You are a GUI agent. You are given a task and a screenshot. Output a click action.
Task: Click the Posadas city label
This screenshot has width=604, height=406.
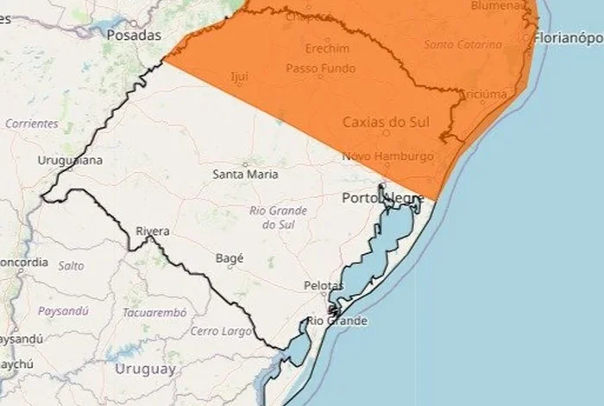pyautogui.click(x=134, y=35)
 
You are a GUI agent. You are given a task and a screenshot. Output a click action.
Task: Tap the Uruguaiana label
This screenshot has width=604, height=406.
pyautogui.click(x=71, y=161)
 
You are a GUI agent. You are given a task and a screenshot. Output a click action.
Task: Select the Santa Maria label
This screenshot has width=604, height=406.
pyautogui.click(x=245, y=174)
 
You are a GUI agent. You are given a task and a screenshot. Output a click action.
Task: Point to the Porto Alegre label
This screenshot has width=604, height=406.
pyautogui.click(x=382, y=199)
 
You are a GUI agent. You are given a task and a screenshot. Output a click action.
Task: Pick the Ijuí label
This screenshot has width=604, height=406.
pyautogui.click(x=240, y=77)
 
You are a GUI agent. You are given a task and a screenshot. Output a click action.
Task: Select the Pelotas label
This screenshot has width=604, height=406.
pyautogui.click(x=324, y=286)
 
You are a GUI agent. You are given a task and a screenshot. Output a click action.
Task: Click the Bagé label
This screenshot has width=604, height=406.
pyautogui.click(x=230, y=257)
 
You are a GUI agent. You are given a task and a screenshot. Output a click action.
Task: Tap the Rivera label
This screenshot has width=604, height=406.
pyautogui.click(x=153, y=232)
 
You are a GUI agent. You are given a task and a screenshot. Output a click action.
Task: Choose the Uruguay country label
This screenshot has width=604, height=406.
pyautogui.click(x=145, y=369)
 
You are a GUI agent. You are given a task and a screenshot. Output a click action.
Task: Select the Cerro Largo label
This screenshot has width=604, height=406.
pyautogui.click(x=221, y=331)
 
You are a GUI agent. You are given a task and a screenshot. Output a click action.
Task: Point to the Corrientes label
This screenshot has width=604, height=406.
pyautogui.click(x=32, y=124)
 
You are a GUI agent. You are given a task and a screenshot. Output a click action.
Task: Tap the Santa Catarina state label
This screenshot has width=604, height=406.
pyautogui.click(x=462, y=44)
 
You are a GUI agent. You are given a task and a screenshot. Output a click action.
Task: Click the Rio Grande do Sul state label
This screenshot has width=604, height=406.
pyautogui.click(x=273, y=218)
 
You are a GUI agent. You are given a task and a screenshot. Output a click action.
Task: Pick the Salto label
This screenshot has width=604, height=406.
pyautogui.click(x=71, y=266)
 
